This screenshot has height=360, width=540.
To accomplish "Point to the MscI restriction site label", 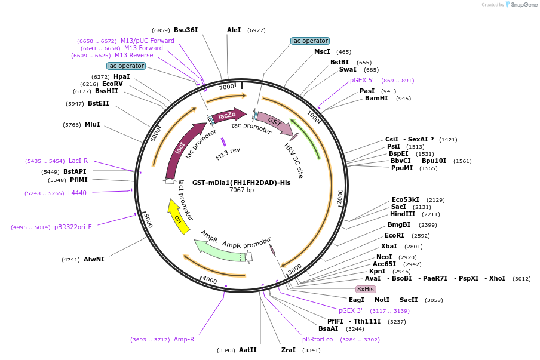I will point(322,52).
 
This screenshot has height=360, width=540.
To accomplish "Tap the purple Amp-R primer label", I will point(184,339).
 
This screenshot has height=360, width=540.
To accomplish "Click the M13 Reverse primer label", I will point(134,56).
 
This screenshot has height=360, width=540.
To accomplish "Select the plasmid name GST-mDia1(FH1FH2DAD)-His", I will point(241,183).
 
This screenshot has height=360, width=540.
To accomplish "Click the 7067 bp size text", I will point(241,190).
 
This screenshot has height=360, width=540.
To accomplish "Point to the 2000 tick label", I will point(340,198).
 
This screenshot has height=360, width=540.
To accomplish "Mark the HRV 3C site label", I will point(293,160).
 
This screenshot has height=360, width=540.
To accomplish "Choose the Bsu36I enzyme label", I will point(185,30).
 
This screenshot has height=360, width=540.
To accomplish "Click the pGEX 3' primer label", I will point(351,310).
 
